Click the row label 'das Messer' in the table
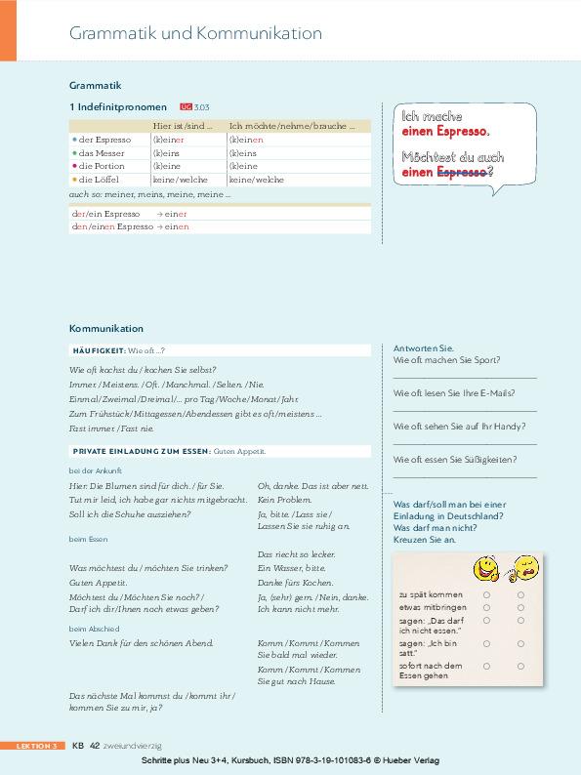point(100,153)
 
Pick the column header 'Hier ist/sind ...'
point(183,126)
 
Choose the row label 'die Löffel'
point(98,180)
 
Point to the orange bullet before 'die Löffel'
point(74,180)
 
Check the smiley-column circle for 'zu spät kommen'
point(485,593)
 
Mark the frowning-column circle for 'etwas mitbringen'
point(520,606)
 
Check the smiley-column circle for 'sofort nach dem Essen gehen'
point(485,668)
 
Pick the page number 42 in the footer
point(95,745)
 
